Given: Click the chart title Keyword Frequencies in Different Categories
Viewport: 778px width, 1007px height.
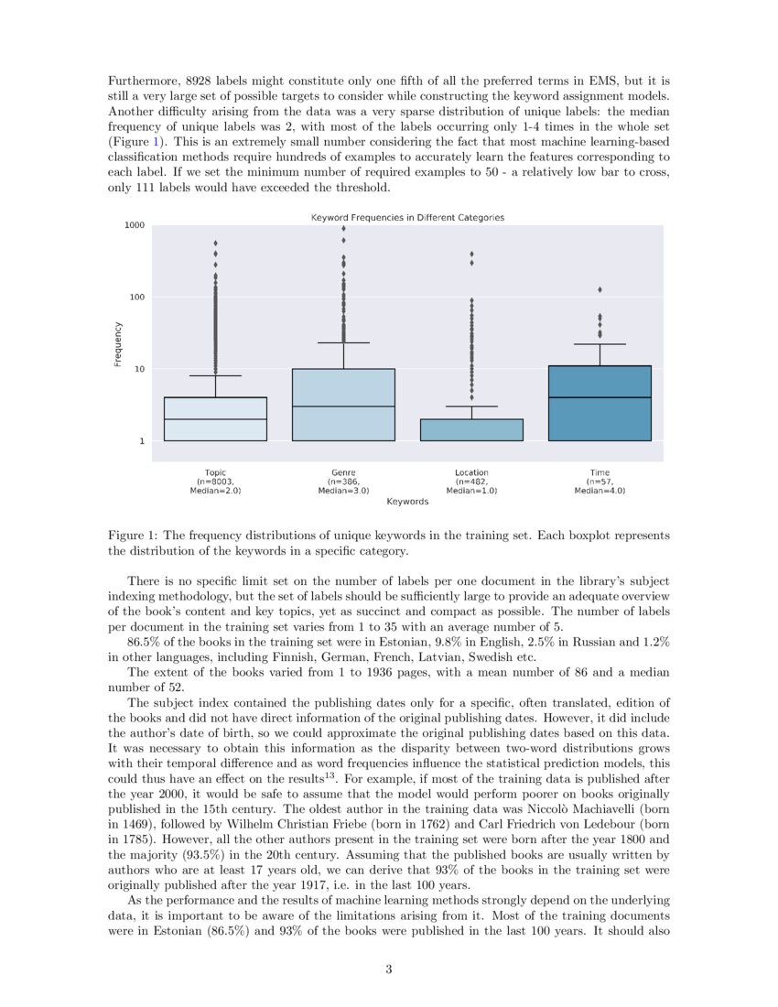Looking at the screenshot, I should point(407,218).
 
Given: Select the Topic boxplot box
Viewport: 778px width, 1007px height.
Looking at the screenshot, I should point(215,419).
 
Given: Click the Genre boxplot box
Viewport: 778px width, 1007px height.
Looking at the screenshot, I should point(343,405).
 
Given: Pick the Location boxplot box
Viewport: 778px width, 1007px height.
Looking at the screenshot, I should point(471,430).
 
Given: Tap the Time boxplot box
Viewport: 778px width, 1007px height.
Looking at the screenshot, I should point(600,403).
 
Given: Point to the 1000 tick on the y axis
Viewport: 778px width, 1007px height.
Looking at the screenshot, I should point(135,225).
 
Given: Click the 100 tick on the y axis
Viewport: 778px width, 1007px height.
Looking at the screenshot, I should point(136,298).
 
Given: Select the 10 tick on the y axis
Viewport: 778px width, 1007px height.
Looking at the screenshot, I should point(138,369).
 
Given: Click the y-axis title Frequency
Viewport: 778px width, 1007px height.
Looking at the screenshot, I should point(118,344).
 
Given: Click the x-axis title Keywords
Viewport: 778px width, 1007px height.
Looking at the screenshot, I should point(407,502).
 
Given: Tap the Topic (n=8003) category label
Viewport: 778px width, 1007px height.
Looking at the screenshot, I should point(215,482).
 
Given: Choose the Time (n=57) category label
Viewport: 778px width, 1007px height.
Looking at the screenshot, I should point(600,482).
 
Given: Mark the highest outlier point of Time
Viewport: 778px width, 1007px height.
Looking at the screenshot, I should point(600,289).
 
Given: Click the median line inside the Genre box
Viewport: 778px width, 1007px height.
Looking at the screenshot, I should point(343,406).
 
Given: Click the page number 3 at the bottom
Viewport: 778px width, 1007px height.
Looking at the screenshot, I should point(388,969).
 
